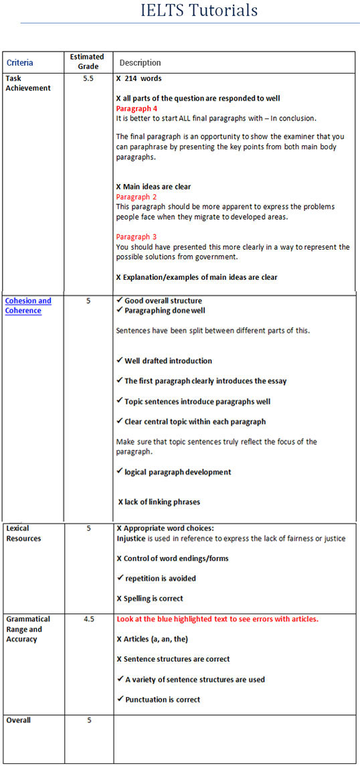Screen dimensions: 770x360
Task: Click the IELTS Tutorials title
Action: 199,11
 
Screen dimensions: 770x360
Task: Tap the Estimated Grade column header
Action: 87,62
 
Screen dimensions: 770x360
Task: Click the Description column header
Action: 140,63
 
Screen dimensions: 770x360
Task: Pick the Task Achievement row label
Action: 27,83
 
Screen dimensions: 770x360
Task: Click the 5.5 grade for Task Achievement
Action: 88,78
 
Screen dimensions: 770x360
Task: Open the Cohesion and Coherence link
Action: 28,305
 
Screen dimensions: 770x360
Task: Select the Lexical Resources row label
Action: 23,533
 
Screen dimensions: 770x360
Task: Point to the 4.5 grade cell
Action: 88,619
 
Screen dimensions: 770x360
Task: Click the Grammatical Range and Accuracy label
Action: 28,629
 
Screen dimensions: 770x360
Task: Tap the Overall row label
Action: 18,720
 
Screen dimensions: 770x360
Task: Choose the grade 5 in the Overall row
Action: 88,720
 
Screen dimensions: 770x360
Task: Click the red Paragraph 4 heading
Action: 137,108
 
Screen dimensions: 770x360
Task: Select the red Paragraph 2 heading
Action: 137,197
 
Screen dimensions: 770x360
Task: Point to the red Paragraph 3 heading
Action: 137,237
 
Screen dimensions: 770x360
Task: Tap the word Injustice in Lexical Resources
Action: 130,538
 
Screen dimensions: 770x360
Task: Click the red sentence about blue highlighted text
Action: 217,619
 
